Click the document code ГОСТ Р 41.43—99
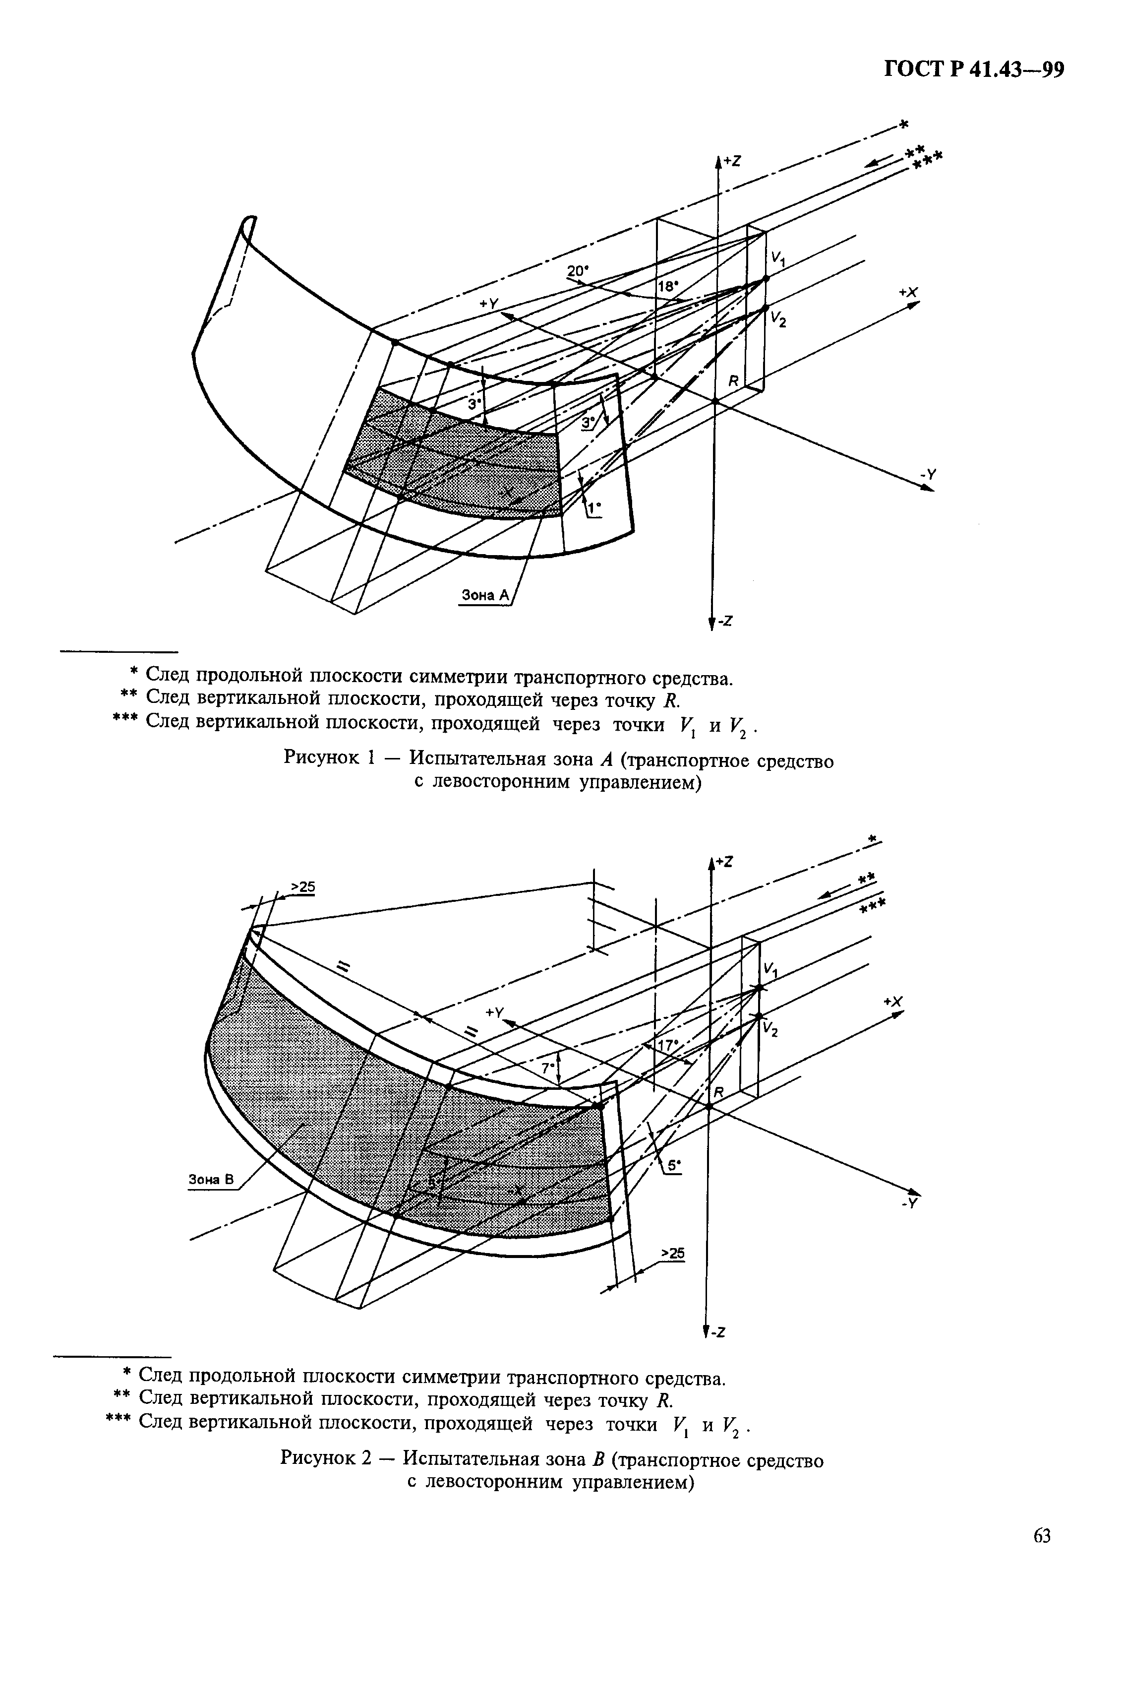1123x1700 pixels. pos(975,70)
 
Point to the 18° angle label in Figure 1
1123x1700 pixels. pos(667,286)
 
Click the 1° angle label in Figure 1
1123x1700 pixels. pos(594,508)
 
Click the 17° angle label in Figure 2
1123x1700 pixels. pos(667,1045)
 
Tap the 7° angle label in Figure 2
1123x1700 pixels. pos(548,1068)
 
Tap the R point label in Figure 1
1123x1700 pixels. pos(733,381)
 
